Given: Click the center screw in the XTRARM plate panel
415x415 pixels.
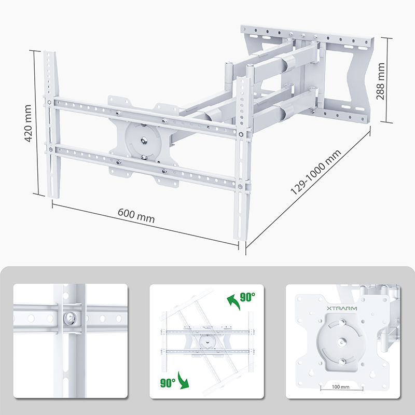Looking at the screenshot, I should tap(341, 343).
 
